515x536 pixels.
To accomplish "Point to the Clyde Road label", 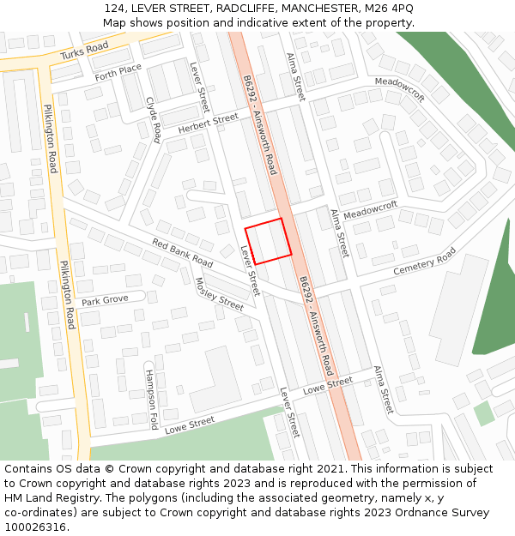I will (x=154, y=119).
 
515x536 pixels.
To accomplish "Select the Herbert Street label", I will (x=208, y=123).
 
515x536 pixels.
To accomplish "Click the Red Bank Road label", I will (x=182, y=251).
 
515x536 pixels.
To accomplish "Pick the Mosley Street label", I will (x=220, y=293).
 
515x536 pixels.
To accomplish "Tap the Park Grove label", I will (x=105, y=300).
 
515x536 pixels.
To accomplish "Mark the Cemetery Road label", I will (x=425, y=262).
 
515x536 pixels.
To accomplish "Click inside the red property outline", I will (x=268, y=241).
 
